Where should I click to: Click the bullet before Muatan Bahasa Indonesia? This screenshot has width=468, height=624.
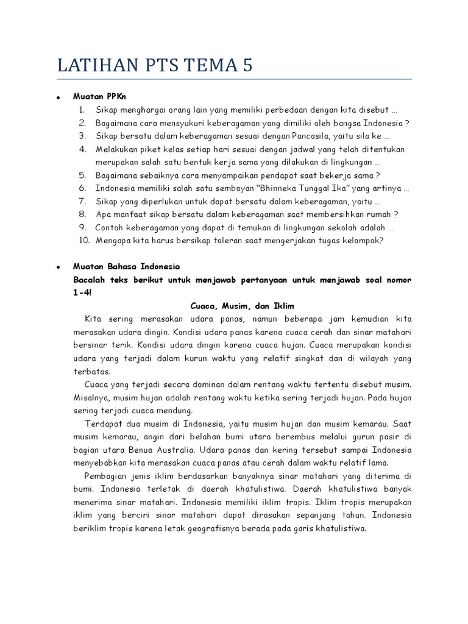[x=57, y=268]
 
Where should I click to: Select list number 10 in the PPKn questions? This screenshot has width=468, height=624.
[x=82, y=240]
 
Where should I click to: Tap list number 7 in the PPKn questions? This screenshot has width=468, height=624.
[x=83, y=201]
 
